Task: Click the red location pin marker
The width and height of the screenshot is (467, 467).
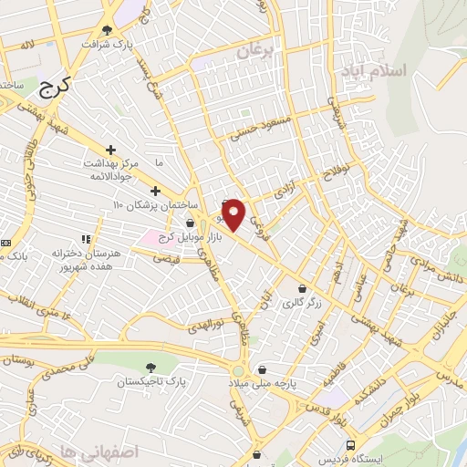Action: click(234, 214)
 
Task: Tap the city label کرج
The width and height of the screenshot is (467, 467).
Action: click(56, 89)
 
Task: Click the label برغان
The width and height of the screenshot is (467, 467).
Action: click(256, 52)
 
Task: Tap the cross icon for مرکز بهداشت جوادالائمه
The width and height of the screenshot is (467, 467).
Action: click(110, 149)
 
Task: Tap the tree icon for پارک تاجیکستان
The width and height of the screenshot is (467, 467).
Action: click(149, 367)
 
